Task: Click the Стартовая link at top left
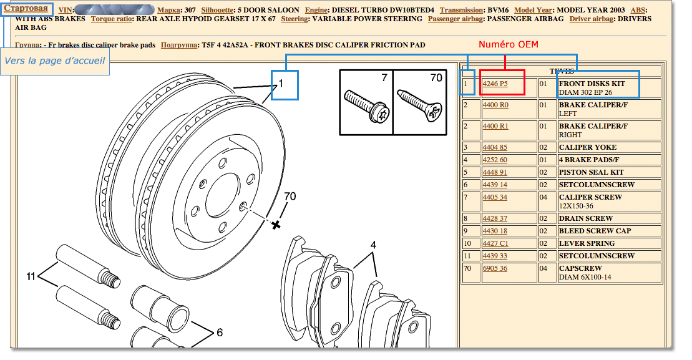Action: pyautogui.click(x=26, y=8)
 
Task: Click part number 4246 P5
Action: pyautogui.click(x=495, y=84)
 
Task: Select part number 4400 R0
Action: pyautogui.click(x=495, y=105)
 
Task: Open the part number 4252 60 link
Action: pyautogui.click(x=495, y=160)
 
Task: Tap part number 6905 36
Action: pyautogui.click(x=495, y=268)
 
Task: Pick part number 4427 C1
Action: pyautogui.click(x=495, y=243)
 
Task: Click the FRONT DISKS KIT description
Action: pyautogui.click(x=592, y=84)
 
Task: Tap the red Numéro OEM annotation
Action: pyautogui.click(x=509, y=44)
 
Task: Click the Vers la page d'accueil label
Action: pyautogui.click(x=55, y=61)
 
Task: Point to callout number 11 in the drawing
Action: pyautogui.click(x=31, y=276)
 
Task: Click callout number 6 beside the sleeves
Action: pyautogui.click(x=220, y=332)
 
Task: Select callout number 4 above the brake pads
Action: pyautogui.click(x=373, y=245)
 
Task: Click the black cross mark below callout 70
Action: pyautogui.click(x=276, y=225)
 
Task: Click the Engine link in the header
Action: pyautogui.click(x=316, y=10)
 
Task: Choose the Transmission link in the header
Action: pyautogui.click(x=461, y=10)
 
